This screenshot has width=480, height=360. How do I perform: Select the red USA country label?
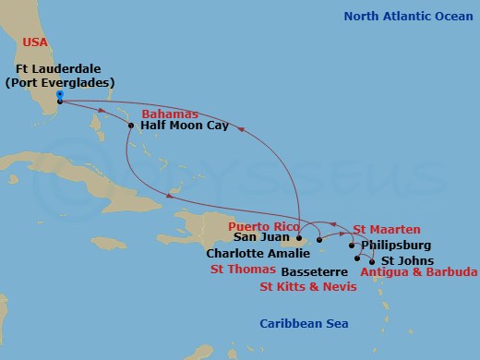click(x=32, y=43)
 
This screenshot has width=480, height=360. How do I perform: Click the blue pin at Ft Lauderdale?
click(x=58, y=94)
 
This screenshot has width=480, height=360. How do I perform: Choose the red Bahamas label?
click(x=170, y=114)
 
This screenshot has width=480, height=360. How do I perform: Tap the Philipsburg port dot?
click(x=353, y=246)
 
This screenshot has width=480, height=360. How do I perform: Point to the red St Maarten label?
click(x=386, y=229)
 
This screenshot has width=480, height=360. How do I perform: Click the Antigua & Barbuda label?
click(x=418, y=272)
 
